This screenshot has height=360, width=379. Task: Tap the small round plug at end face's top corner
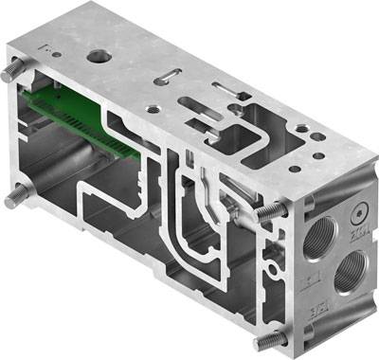358,211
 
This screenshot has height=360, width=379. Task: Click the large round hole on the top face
98,57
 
